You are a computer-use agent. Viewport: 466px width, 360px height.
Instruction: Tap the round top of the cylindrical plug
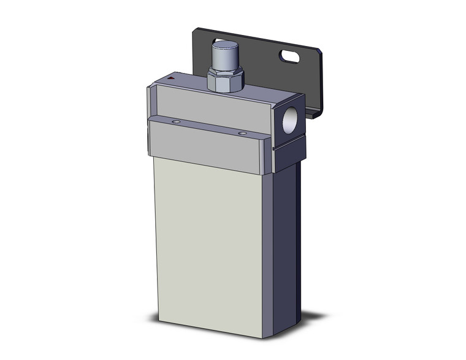coord(225,46)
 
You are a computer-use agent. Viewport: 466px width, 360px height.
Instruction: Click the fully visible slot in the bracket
coord(289,57)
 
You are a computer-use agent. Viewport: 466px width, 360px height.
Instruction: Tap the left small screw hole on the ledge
coord(177,123)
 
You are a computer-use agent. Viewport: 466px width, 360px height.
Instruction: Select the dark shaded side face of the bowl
coord(282,245)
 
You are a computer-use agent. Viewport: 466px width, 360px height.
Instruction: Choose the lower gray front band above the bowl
coord(208,144)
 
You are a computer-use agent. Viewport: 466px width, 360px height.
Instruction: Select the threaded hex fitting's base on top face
coord(226,90)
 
